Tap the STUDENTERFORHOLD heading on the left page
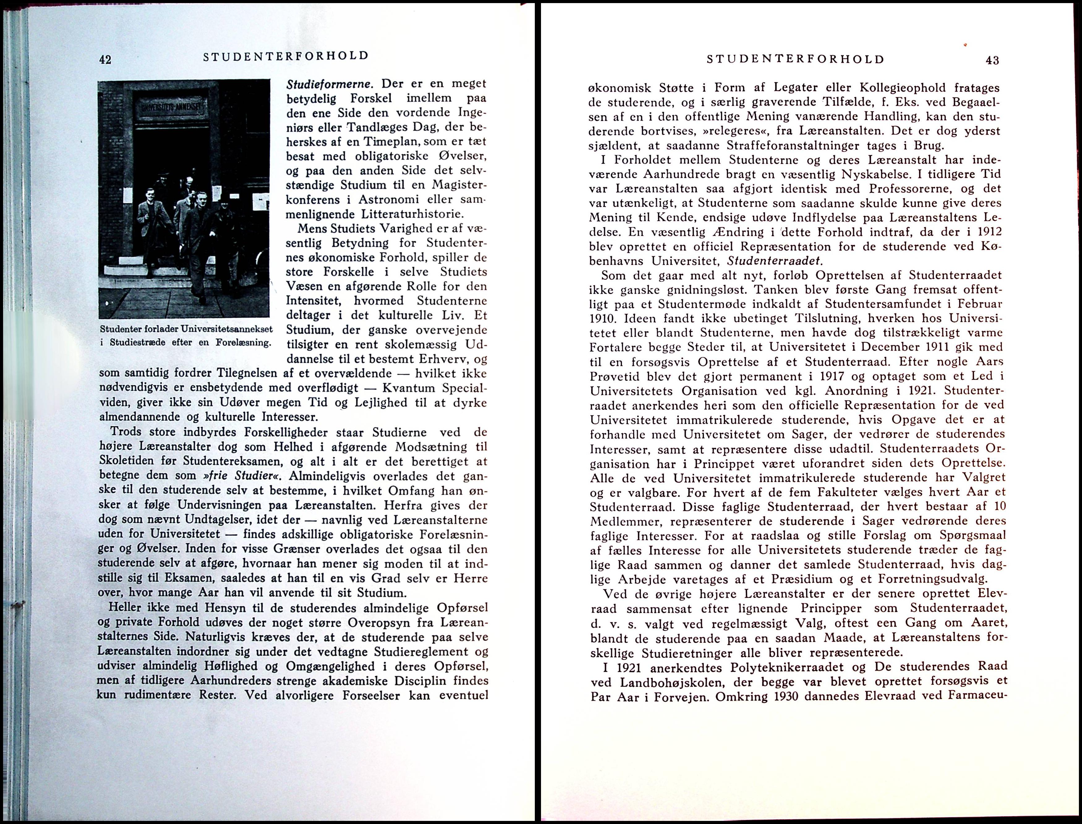click(286, 56)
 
